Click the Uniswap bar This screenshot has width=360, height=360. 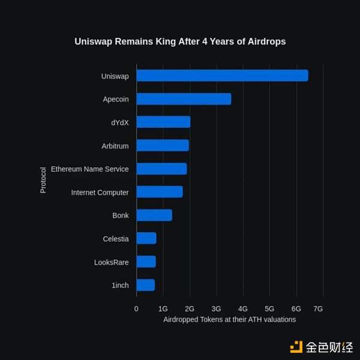(222, 76)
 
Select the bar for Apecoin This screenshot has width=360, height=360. (184, 99)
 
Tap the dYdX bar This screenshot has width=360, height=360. (163, 122)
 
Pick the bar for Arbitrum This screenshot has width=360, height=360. (163, 145)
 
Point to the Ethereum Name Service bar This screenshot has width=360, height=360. (161, 169)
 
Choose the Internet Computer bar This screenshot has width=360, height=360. (160, 192)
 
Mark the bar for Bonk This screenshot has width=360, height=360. (154, 215)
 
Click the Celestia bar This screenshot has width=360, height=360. (146, 238)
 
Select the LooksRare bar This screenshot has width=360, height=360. (146, 262)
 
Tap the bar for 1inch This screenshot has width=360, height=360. (146, 285)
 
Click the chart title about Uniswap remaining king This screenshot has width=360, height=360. (180, 42)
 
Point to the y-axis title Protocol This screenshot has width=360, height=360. (43, 180)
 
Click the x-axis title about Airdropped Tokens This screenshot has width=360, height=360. (229, 320)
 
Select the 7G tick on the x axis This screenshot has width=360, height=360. (318, 308)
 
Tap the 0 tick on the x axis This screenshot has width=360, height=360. (136, 308)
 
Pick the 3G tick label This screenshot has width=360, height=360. (216, 308)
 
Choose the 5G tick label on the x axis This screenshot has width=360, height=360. (269, 308)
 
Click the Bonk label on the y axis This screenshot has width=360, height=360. (120, 215)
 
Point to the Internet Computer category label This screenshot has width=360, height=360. (100, 193)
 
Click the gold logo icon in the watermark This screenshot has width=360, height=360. (296, 347)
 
